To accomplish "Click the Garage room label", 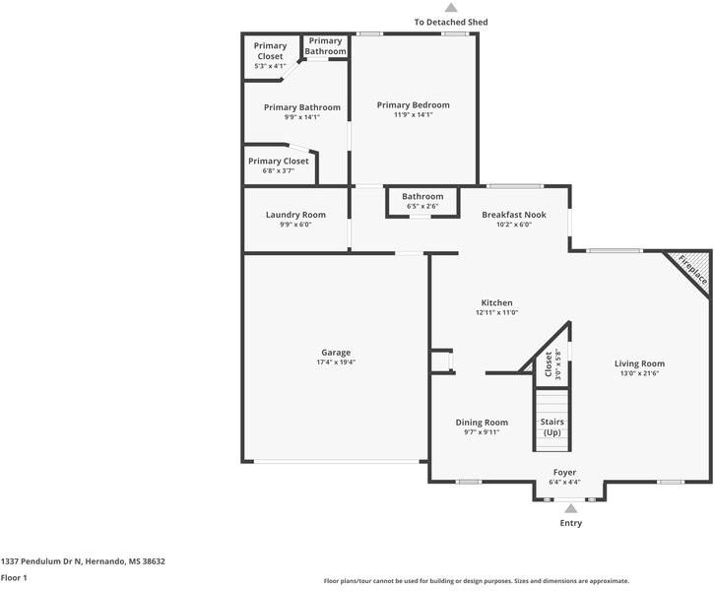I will pyautogui.click(x=336, y=353).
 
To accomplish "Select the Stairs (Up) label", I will pyautogui.click(x=552, y=427).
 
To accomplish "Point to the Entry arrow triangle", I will pyautogui.click(x=570, y=508).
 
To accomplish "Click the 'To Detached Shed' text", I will pyautogui.click(x=450, y=22).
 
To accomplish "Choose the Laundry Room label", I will pyautogui.click(x=295, y=215).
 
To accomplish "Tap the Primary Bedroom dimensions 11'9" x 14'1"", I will pyautogui.click(x=414, y=115).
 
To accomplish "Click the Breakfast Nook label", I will pyautogui.click(x=513, y=215).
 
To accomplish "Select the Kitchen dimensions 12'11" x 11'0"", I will pyautogui.click(x=496, y=313).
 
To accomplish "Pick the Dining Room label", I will pyautogui.click(x=482, y=423).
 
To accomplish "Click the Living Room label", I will pyautogui.click(x=639, y=363).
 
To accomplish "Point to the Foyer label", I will pyautogui.click(x=564, y=473).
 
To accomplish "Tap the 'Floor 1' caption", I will pyautogui.click(x=15, y=578).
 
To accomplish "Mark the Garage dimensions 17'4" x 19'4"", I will pyautogui.click(x=336, y=363).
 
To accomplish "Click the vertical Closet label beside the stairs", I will pyautogui.click(x=550, y=365).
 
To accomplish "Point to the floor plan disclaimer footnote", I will pyautogui.click(x=476, y=581).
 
